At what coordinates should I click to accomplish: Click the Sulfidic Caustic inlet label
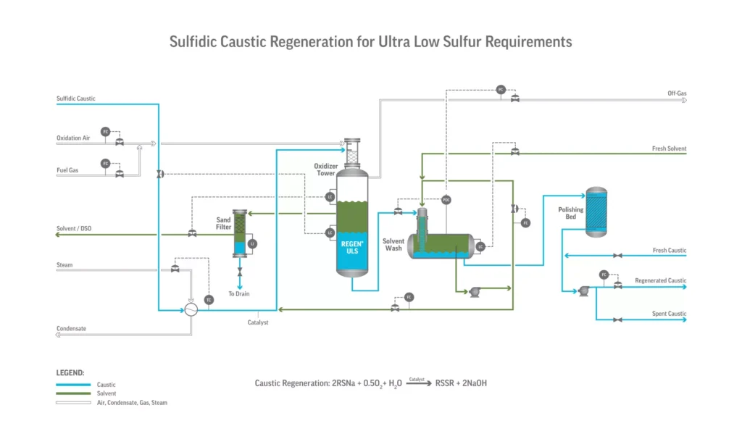pyautogui.click(x=75, y=99)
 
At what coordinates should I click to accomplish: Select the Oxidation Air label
pyautogui.click(x=74, y=138)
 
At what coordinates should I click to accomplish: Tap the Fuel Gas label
pyautogui.click(x=68, y=170)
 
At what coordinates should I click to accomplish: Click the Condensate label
pyautogui.click(x=71, y=329)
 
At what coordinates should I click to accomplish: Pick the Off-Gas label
pyautogui.click(x=677, y=93)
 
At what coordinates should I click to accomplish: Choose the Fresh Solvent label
pyautogui.click(x=669, y=148)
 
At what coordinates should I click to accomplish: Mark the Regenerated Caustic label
pyautogui.click(x=660, y=280)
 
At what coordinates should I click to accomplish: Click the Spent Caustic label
pyautogui.click(x=667, y=314)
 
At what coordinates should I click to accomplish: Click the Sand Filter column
pyautogui.click(x=240, y=233)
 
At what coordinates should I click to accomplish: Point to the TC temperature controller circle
pyautogui.click(x=209, y=300)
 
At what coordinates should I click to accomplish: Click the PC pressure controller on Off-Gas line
pyautogui.click(x=500, y=90)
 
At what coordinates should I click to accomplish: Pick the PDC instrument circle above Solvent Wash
pyautogui.click(x=446, y=199)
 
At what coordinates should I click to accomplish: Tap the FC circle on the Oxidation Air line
pyautogui.click(x=105, y=131)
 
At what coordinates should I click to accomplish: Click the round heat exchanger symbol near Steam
pyautogui.click(x=191, y=309)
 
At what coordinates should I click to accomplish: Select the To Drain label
pyautogui.click(x=240, y=293)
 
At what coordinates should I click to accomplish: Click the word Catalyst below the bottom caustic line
pyautogui.click(x=258, y=322)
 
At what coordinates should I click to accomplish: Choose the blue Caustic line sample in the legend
pyautogui.click(x=73, y=385)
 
